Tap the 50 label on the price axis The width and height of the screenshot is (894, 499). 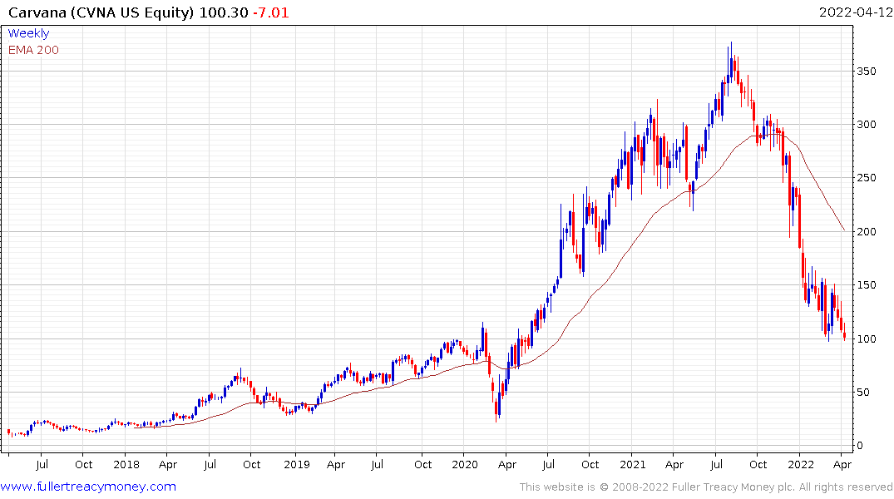click(865, 392)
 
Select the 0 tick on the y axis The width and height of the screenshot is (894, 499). click(862, 446)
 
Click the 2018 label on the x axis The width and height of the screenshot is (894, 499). click(126, 464)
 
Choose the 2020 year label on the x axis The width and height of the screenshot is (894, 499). click(465, 464)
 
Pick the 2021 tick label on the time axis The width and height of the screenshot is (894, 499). click(633, 464)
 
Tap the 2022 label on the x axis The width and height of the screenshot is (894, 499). click(801, 464)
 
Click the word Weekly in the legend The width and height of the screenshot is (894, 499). click(28, 33)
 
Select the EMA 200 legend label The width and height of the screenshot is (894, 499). click(33, 50)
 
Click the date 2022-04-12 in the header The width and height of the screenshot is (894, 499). click(855, 12)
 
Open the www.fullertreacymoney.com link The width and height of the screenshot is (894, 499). click(88, 487)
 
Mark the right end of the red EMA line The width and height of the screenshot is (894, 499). click(845, 230)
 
